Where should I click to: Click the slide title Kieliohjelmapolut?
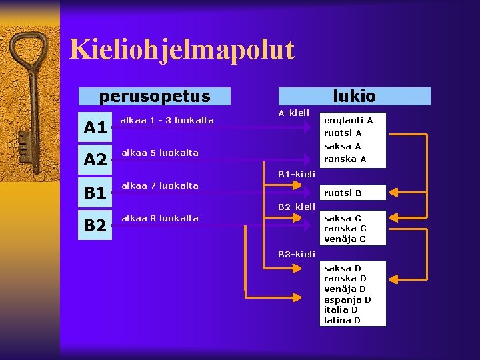click(x=181, y=50)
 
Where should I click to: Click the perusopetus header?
click(x=155, y=97)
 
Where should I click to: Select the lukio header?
click(x=354, y=97)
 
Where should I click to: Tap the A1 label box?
click(x=95, y=127)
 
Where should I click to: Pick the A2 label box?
click(x=95, y=160)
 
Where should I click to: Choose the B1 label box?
click(x=95, y=193)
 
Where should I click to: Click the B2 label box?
click(x=95, y=226)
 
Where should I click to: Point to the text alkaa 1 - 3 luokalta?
click(x=167, y=121)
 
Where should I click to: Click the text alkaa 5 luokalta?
click(x=159, y=153)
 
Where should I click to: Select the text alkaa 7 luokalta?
click(x=159, y=185)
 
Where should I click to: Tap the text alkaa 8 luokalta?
click(x=159, y=219)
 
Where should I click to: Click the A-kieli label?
click(x=294, y=113)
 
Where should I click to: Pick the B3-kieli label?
click(x=297, y=254)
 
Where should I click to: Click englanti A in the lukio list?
click(x=348, y=121)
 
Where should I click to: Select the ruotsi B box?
click(x=343, y=193)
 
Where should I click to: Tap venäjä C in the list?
click(x=345, y=239)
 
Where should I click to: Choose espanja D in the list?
click(x=347, y=300)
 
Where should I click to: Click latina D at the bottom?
click(x=342, y=321)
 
